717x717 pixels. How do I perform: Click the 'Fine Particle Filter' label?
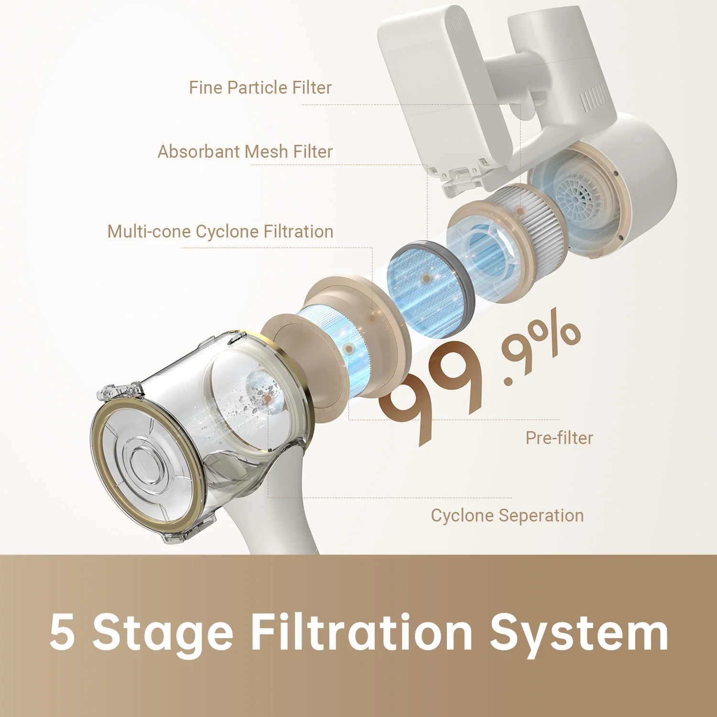[260, 87]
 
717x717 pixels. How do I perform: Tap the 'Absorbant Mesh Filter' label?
[245, 152]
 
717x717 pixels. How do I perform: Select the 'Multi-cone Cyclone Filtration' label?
[220, 231]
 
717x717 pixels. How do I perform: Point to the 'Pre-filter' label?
[559, 438]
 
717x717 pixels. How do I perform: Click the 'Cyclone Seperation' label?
[507, 516]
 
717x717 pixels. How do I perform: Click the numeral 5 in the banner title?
[62, 632]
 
